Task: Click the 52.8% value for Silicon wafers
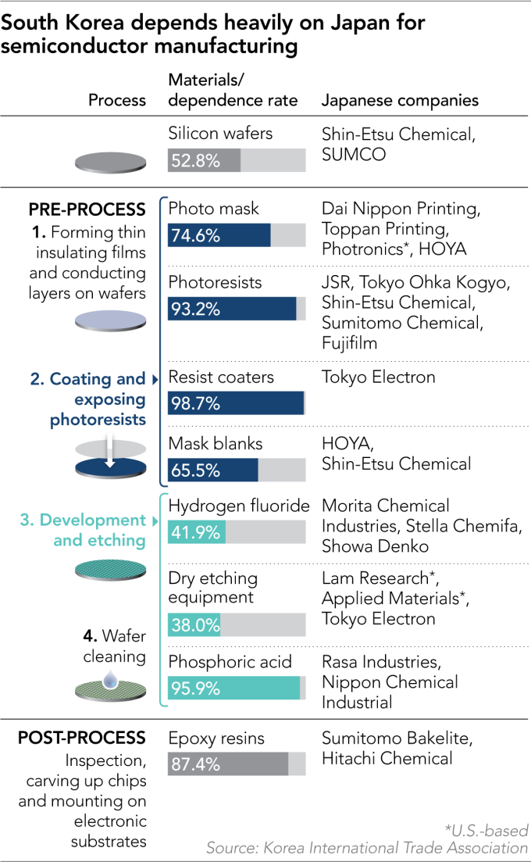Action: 193,161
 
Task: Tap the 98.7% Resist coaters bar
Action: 236,403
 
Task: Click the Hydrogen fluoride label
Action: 239,506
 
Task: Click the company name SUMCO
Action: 354,155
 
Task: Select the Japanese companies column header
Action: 400,100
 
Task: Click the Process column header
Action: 117,100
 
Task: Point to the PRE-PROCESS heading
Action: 87,209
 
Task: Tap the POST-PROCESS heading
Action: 82,738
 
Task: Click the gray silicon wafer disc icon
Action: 110,163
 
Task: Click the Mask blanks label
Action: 216,443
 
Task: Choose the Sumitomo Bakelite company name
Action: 397,738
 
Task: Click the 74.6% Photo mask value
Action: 193,235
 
